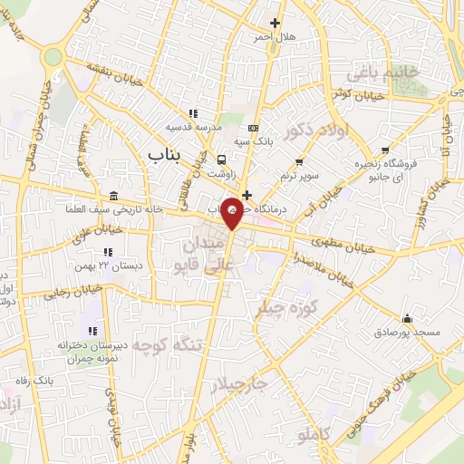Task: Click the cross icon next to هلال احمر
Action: coord(275,23)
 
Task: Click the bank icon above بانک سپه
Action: coord(253,129)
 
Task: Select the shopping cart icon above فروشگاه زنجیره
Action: coord(387,150)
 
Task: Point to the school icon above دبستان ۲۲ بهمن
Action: coord(108,251)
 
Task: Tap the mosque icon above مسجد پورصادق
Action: coord(407,319)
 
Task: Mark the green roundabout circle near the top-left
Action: coord(53,56)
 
